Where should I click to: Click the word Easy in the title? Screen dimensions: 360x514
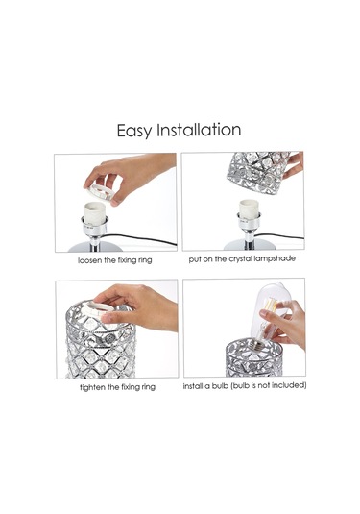(x=134, y=131)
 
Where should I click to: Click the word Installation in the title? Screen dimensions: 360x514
(x=199, y=130)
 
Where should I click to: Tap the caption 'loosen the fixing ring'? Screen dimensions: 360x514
(x=114, y=260)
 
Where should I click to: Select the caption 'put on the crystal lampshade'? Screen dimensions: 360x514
(x=242, y=259)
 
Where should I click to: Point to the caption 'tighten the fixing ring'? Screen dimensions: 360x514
(x=117, y=387)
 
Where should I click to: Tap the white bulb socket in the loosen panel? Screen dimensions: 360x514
(x=95, y=213)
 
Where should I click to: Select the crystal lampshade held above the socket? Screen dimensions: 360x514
(x=258, y=171)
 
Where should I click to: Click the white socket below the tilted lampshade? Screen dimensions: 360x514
(x=249, y=209)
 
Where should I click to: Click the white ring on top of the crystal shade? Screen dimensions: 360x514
(x=99, y=307)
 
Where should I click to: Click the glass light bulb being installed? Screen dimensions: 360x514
(x=269, y=316)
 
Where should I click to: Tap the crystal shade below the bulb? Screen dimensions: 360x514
(x=253, y=358)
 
